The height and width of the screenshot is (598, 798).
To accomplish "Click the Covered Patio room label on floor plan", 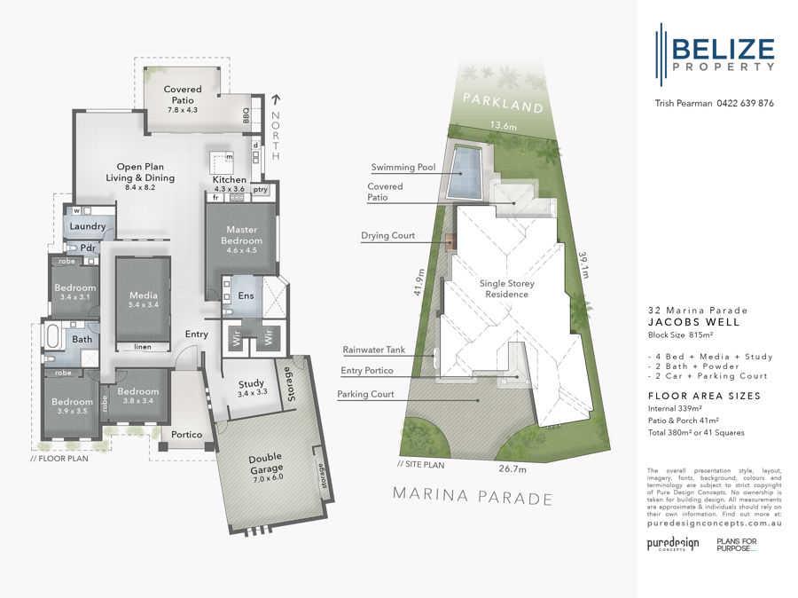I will [183, 94].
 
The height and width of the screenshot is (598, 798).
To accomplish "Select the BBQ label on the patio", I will [247, 114].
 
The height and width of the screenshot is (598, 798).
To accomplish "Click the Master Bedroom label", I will [241, 234].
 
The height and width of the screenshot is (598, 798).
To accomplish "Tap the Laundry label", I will [88, 226].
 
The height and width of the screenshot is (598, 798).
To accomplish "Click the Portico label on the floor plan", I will [187, 434].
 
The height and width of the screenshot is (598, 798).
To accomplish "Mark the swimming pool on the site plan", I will [465, 172].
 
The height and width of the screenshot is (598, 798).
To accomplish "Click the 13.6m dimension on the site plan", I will [504, 127].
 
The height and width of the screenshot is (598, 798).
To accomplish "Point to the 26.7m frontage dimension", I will [512, 468].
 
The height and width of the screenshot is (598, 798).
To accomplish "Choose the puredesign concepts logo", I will [671, 543].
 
